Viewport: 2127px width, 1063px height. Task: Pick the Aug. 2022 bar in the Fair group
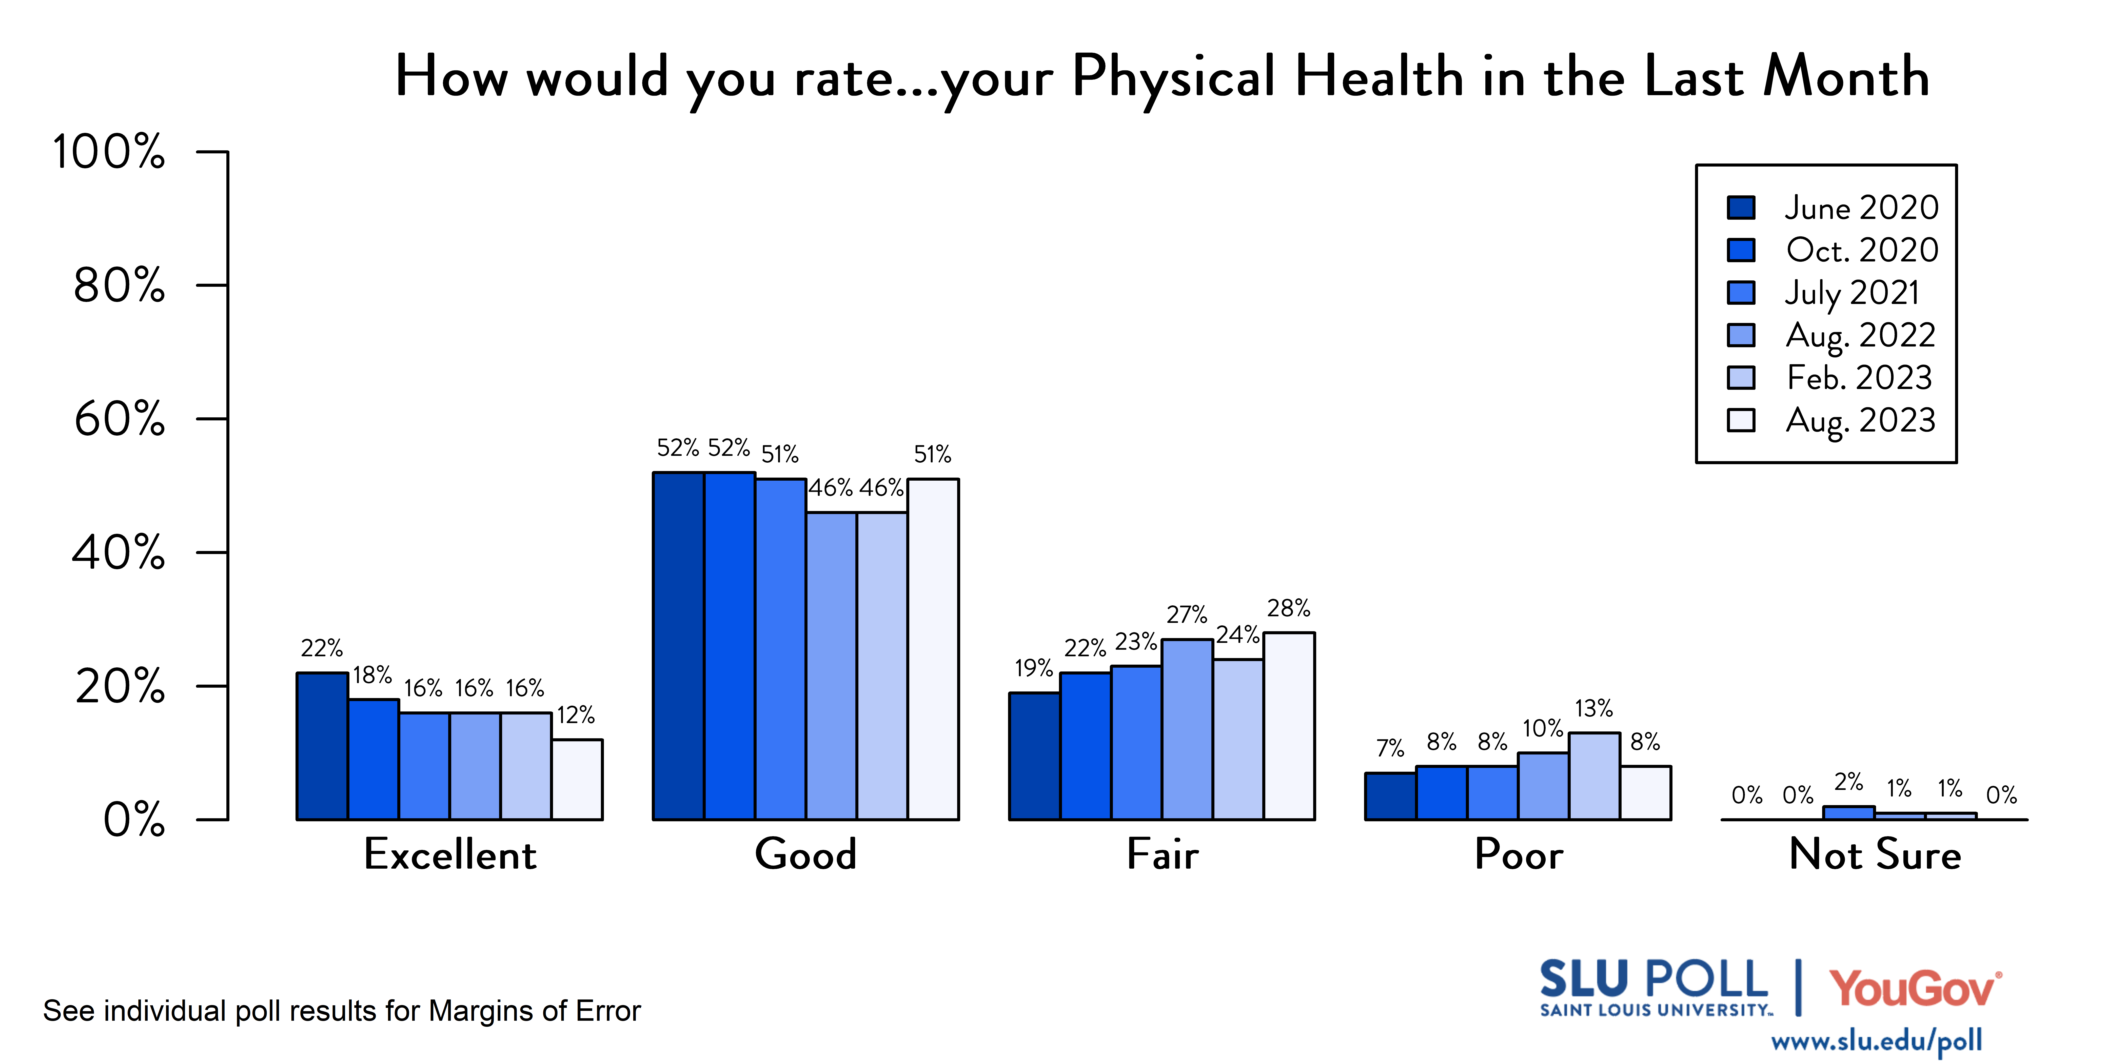pyautogui.click(x=1187, y=730)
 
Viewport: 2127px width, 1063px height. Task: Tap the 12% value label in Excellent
pyautogui.click(x=576, y=715)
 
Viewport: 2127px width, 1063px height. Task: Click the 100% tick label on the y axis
pyautogui.click(x=109, y=152)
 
